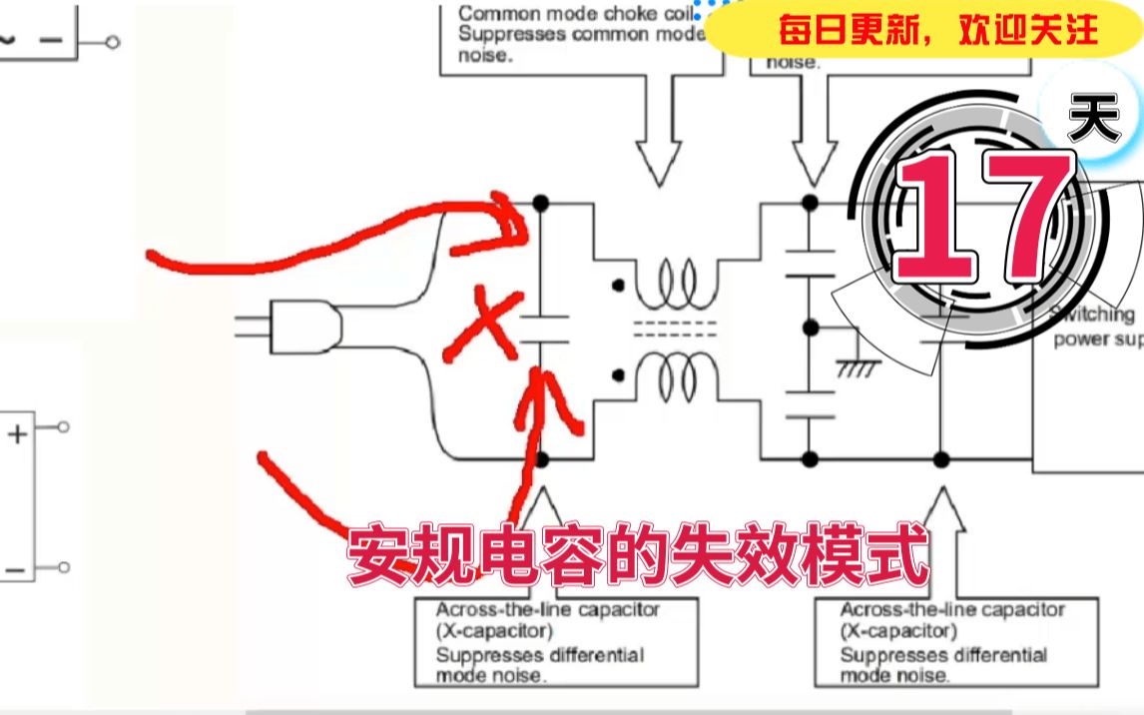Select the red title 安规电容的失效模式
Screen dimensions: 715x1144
pos(639,556)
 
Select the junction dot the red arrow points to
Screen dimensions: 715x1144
pos(540,203)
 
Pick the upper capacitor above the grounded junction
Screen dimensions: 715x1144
pos(811,263)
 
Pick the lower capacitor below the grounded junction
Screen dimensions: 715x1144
pos(811,401)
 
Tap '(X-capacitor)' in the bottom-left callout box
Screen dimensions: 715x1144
pos(493,630)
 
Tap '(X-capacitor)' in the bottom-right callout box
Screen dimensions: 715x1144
pos(897,630)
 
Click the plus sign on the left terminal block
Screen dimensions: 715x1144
pos(17,434)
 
